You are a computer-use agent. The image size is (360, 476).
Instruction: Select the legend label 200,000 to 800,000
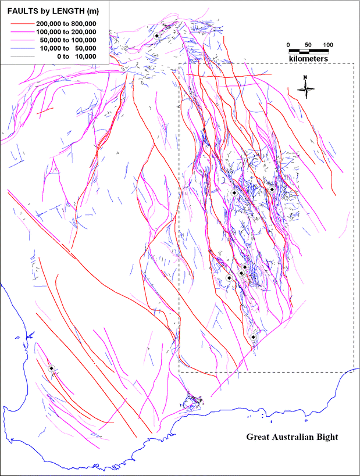66,23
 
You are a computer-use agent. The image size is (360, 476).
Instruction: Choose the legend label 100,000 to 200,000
66,31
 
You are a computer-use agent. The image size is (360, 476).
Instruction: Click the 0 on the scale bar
289,45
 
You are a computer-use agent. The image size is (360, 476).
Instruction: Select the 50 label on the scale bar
309,45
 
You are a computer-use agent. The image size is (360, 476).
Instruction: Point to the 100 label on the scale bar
328,45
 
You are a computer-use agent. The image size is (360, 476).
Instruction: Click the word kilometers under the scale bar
309,59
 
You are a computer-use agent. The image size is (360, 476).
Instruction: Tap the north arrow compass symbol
305,88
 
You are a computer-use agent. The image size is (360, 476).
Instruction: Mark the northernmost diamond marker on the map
157,35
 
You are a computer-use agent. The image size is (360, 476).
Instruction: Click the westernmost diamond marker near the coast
51,368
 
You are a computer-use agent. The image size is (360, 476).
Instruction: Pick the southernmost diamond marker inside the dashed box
254,337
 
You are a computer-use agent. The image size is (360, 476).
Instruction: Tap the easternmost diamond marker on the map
272,189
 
